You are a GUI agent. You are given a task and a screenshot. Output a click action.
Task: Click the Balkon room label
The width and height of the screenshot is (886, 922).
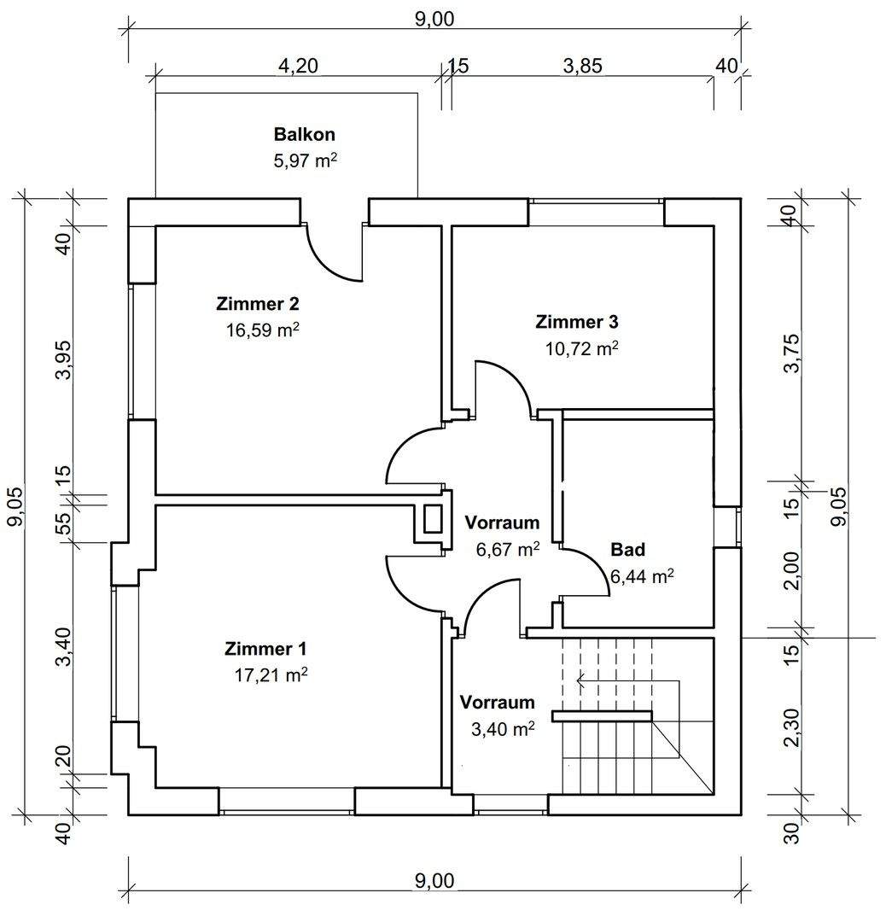coord(304,134)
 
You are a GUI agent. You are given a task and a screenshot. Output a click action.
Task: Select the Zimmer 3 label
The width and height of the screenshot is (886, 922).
coord(576,322)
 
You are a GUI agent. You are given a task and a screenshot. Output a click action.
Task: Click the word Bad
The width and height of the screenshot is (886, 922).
coord(627,549)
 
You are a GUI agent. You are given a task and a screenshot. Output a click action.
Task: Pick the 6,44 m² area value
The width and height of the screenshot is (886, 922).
coord(642,577)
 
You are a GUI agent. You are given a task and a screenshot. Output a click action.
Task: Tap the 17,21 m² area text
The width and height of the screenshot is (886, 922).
coord(271,675)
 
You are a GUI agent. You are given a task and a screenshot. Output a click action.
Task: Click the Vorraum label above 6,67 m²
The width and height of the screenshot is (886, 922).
coord(502,522)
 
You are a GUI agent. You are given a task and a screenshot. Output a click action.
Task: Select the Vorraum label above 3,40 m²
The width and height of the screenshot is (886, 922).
coord(498,703)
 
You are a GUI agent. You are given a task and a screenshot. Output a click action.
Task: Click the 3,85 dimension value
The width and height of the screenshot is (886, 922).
coord(582,67)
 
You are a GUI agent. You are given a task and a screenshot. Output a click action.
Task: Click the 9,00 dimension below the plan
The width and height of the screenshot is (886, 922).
coord(434,880)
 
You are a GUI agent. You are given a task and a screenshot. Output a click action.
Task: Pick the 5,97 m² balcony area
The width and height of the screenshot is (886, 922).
coord(305,160)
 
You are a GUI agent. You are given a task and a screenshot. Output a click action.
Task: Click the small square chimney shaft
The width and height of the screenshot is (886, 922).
coord(433,519)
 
